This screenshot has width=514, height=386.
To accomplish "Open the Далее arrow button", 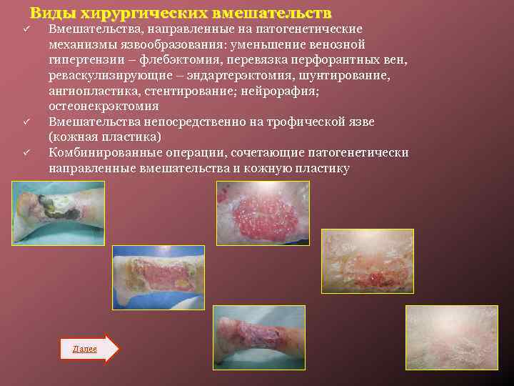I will click(89, 348).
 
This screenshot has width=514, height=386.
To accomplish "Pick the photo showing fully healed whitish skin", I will click(451, 337).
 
